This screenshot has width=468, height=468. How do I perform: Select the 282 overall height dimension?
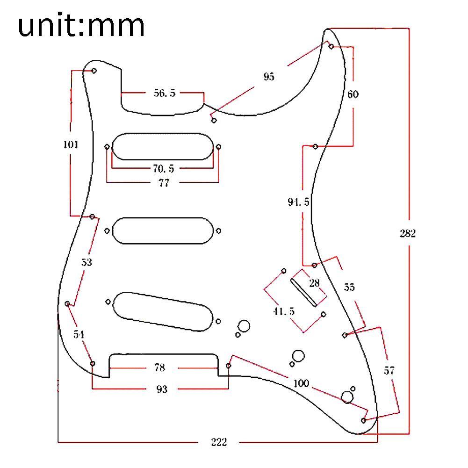(407, 233)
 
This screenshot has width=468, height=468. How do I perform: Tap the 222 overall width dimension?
(218, 442)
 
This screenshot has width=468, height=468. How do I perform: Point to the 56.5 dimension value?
(165, 93)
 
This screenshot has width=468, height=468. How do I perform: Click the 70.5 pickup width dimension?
(163, 169)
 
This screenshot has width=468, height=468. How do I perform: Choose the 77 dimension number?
(163, 183)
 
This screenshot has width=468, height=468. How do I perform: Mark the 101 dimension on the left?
(71, 144)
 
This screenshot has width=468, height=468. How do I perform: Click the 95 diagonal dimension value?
(268, 77)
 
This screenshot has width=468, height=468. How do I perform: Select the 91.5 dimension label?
(298, 202)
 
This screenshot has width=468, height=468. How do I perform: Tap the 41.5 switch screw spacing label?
(284, 311)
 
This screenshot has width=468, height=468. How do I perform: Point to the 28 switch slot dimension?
(314, 283)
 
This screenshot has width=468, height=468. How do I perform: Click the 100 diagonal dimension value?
(301, 383)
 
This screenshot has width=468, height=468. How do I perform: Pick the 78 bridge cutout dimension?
(159, 368)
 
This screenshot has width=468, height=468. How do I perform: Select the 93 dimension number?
(161, 389)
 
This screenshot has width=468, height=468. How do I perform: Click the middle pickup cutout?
(163, 230)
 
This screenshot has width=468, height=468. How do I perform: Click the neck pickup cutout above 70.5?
(163, 146)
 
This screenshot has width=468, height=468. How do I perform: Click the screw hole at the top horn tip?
(331, 46)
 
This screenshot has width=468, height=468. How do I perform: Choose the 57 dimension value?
(389, 371)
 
